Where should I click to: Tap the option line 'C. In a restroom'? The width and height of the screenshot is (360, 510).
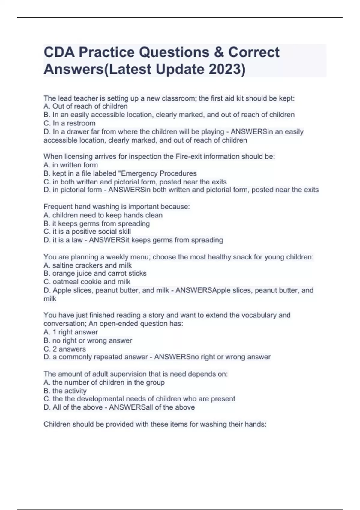pos(70,123)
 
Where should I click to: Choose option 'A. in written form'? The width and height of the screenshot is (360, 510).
pos(71,165)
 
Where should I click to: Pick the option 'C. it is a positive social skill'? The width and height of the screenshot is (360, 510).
pos(87,232)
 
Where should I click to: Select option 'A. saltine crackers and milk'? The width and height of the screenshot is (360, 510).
pos(88,265)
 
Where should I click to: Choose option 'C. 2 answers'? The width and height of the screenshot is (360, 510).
pos(64,349)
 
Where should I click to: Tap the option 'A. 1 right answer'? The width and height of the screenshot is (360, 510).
pos(71,332)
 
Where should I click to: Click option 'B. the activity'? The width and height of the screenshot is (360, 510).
pos(65,391)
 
